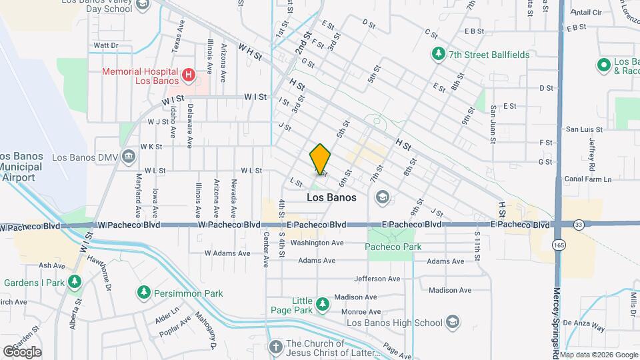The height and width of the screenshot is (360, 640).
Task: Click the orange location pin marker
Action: click(320, 160)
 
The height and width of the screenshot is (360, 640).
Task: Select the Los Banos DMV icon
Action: click(129, 157)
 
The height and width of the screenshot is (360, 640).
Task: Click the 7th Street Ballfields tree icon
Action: click(438, 54)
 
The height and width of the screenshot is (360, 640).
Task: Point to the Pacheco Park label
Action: click(393, 247)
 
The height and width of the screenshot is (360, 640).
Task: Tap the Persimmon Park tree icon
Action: click(143, 293)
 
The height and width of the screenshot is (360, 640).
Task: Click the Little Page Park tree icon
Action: click(323, 305)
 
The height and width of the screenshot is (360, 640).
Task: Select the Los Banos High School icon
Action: click(453, 323)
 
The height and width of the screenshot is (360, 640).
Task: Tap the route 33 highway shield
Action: click(578, 225)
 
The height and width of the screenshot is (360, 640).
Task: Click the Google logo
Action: click(22, 351)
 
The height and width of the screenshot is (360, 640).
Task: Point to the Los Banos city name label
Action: click(331, 198)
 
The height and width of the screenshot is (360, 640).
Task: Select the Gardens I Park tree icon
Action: click(75, 283)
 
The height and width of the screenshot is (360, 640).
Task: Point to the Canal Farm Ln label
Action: click(588, 179)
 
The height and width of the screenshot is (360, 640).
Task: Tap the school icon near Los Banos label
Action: click(382, 196)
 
